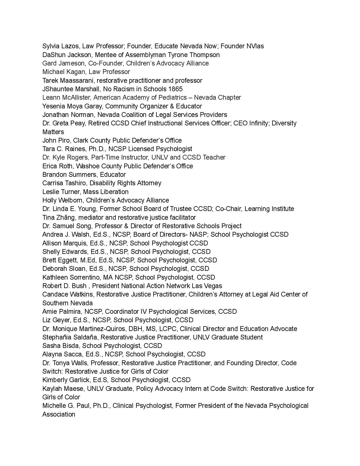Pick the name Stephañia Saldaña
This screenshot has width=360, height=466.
(70, 337)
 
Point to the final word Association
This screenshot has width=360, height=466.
(59, 414)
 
